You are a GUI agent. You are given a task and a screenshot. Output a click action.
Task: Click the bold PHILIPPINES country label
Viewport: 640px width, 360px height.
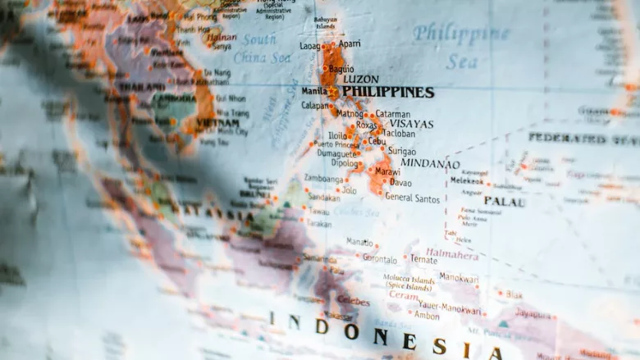(x=387, y=92)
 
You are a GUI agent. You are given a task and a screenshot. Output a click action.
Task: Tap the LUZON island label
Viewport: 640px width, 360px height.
(x=360, y=79)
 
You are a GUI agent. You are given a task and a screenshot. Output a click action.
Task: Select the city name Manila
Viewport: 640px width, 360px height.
(x=314, y=91)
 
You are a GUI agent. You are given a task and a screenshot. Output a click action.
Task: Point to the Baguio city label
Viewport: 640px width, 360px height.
(x=341, y=69)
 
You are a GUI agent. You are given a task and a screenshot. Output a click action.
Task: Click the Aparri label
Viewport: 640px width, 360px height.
(x=350, y=43)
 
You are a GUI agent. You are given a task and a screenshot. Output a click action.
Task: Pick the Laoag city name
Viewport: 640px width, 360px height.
(x=309, y=47)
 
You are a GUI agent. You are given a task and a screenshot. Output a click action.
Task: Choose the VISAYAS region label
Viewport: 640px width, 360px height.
(x=410, y=124)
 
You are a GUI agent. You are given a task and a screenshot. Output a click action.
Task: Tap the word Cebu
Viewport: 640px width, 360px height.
(x=377, y=141)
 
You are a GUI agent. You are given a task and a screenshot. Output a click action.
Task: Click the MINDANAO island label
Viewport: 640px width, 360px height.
(x=430, y=163)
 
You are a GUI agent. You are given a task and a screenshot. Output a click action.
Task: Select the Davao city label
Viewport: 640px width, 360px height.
(x=400, y=182)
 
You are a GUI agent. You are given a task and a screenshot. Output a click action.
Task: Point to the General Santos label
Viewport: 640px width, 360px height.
(x=412, y=197)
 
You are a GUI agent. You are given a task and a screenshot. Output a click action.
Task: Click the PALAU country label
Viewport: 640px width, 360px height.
(x=504, y=201)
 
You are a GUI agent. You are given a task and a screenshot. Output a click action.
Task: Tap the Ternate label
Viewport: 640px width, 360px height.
(x=423, y=259)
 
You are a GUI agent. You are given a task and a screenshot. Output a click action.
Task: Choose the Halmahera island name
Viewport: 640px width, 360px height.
(x=451, y=254)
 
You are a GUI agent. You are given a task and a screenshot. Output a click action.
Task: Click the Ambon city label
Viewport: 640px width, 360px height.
(x=426, y=315)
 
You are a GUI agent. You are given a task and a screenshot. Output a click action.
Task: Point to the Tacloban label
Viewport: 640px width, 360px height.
(x=399, y=134)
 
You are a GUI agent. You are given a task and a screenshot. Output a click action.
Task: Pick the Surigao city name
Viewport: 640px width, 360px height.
(x=401, y=152)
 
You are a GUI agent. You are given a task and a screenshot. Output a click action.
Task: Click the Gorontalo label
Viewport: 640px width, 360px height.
(x=379, y=258)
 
